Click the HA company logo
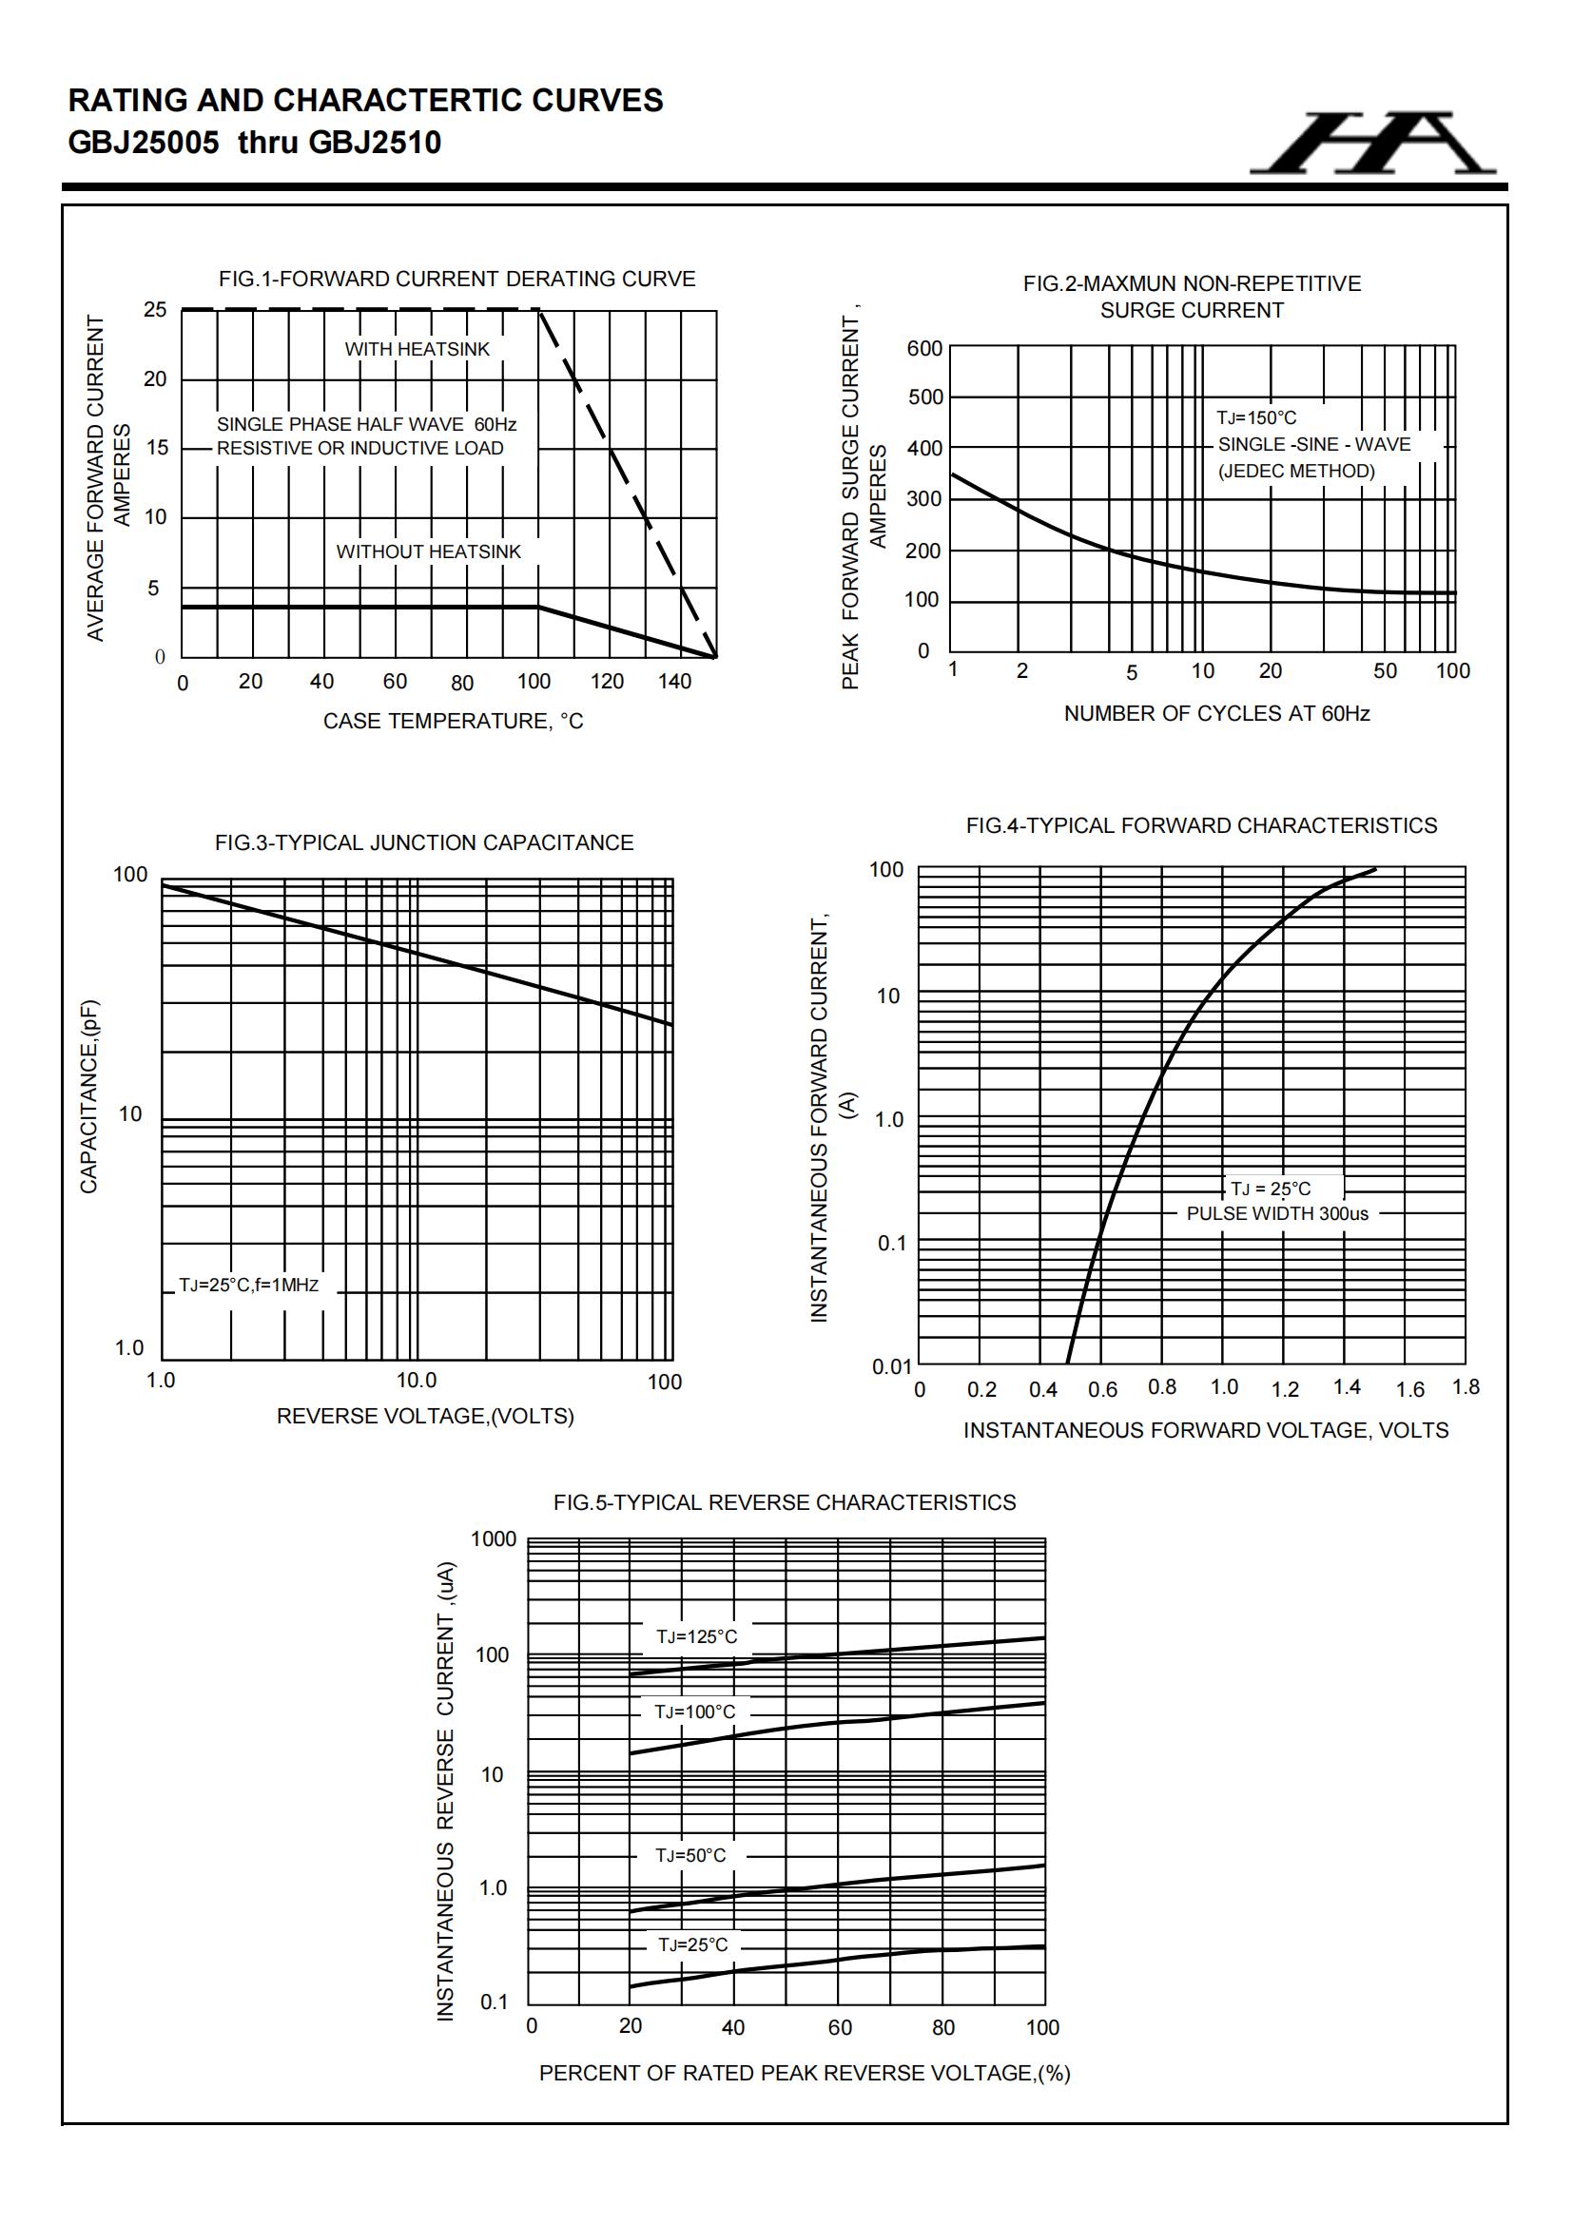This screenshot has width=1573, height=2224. (x=1373, y=144)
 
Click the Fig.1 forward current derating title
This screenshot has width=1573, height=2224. (x=456, y=279)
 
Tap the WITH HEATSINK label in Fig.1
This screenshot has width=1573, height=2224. (x=418, y=349)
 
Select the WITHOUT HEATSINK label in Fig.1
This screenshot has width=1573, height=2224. (x=428, y=551)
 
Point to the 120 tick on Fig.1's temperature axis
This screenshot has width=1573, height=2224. (x=607, y=681)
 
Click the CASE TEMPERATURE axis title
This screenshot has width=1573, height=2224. (x=453, y=721)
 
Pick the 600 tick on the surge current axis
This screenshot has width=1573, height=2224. (x=924, y=348)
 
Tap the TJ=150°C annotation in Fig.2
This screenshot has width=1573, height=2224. (x=1256, y=417)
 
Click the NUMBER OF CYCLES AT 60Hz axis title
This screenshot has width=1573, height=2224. (x=1216, y=713)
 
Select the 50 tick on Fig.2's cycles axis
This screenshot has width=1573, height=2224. (x=1385, y=670)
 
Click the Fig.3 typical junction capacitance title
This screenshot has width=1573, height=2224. (x=424, y=842)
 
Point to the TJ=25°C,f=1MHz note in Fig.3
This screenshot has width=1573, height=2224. (x=249, y=1286)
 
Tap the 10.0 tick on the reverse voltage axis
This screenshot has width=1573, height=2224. (x=417, y=1381)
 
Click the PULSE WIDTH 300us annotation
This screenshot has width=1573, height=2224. (x=1277, y=1213)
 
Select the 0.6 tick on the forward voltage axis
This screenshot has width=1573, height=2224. (x=1102, y=1390)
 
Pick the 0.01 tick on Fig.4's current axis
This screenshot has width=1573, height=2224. (x=892, y=1366)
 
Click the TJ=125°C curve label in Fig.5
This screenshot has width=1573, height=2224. (x=696, y=1637)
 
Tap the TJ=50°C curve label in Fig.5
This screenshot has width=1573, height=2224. (x=690, y=1855)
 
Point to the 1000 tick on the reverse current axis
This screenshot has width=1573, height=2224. (x=494, y=1539)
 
